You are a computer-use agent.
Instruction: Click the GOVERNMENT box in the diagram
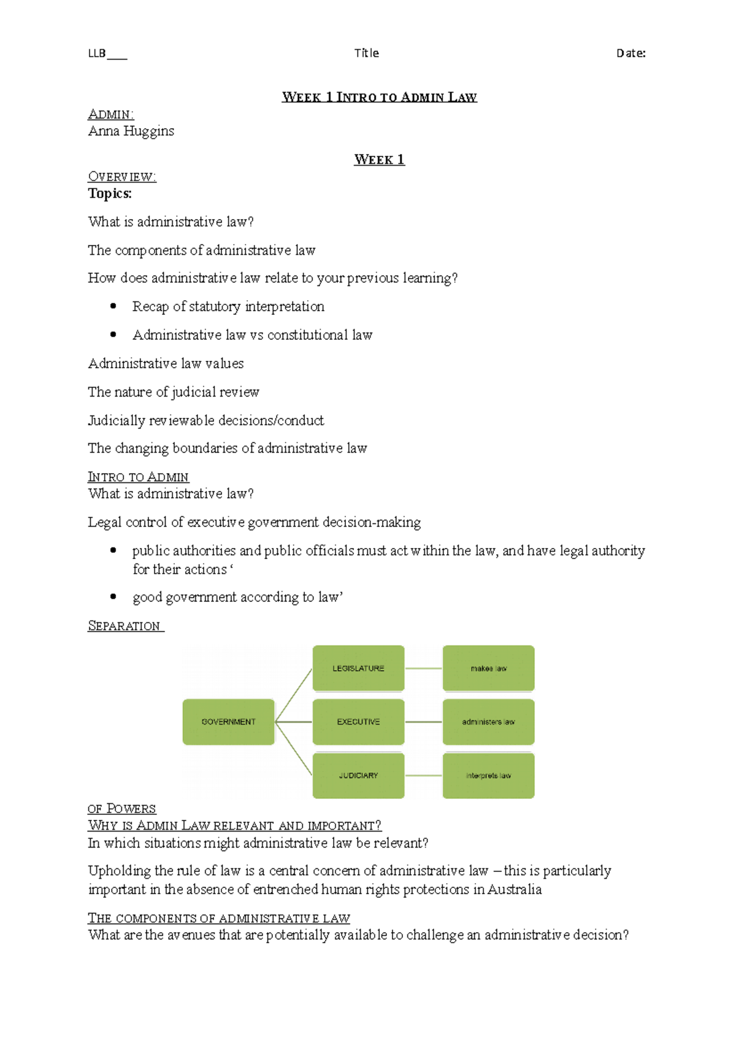click(x=228, y=722)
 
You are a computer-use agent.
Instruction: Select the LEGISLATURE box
click(x=358, y=668)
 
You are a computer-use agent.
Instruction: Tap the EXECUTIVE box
click(x=358, y=722)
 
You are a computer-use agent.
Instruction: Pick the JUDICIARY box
click(x=358, y=776)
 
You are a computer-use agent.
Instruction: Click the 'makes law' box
click(x=488, y=668)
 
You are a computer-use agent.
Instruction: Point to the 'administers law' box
click(x=488, y=722)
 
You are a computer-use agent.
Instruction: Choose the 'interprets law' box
click(x=488, y=776)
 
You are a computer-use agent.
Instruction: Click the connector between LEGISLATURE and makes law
click(x=423, y=668)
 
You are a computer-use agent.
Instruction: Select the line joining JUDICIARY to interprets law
click(x=423, y=776)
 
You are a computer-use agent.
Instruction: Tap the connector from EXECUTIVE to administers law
click(x=423, y=722)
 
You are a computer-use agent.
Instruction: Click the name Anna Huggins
click(x=131, y=131)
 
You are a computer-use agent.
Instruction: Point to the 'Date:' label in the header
click(x=631, y=53)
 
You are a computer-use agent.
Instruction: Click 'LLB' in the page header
click(x=97, y=53)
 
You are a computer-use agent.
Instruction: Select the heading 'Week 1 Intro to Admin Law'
click(x=379, y=97)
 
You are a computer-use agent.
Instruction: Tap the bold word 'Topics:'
click(x=110, y=194)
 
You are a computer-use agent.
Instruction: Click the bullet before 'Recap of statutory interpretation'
click(x=113, y=306)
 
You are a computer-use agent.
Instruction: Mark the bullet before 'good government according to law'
click(x=113, y=596)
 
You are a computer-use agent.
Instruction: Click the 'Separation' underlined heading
click(x=125, y=626)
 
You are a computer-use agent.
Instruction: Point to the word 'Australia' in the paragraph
click(x=515, y=890)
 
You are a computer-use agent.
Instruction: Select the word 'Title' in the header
click(x=366, y=53)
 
